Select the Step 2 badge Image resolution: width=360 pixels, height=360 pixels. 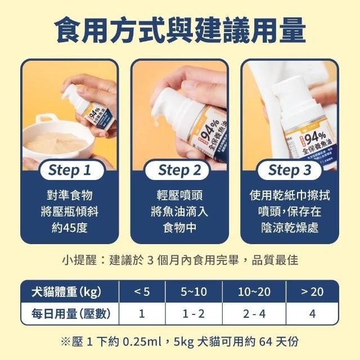click(x=179, y=170)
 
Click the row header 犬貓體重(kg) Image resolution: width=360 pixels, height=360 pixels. click(x=66, y=291)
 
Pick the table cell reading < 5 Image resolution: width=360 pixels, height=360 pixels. click(x=142, y=291)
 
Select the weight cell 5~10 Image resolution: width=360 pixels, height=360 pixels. click(x=194, y=291)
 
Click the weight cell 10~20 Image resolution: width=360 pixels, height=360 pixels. click(x=254, y=291)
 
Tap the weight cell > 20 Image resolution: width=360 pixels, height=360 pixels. click(x=312, y=291)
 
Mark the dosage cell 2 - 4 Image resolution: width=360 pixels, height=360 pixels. click(x=254, y=313)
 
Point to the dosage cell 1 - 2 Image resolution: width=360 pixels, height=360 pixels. click(x=194, y=313)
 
